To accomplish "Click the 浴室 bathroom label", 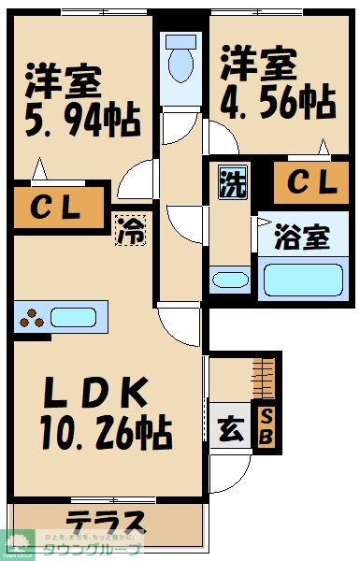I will pos(302,237).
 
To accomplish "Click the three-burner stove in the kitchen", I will pos(31,318).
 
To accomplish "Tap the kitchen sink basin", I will pos(74,317).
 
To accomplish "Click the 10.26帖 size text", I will pos(104,431).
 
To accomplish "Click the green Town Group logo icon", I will pos(16,541).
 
